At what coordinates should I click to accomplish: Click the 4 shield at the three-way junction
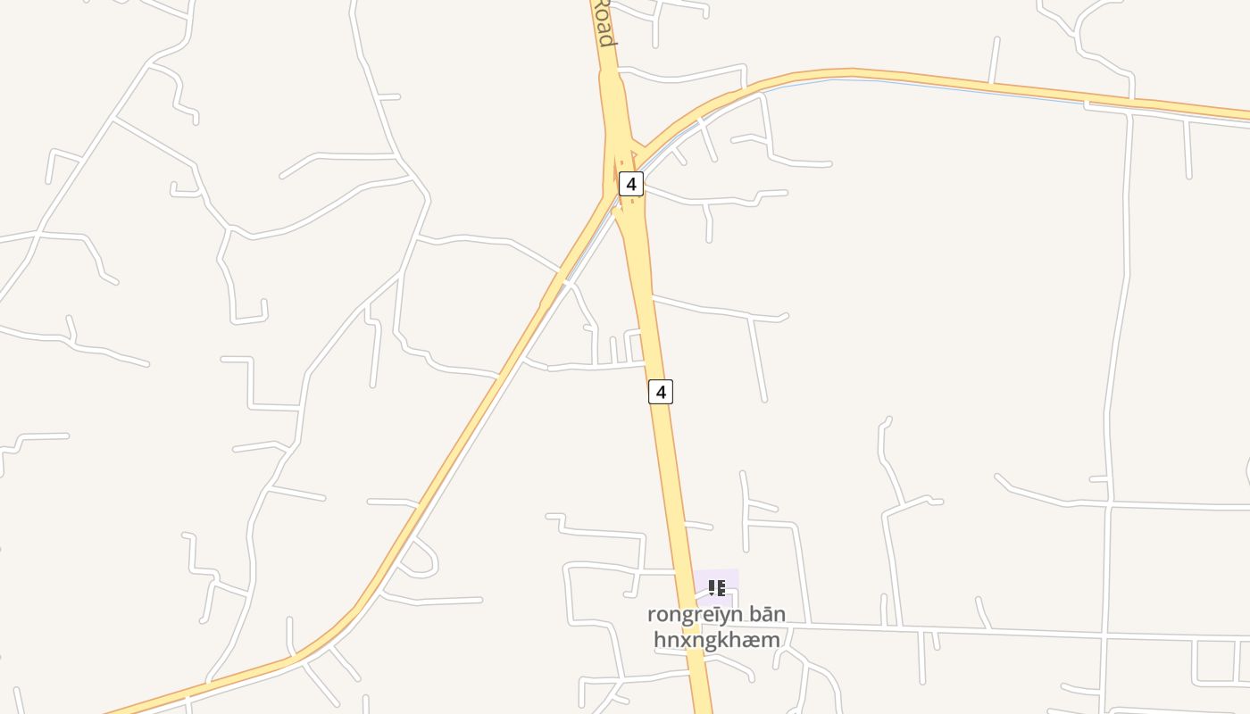[x=631, y=184]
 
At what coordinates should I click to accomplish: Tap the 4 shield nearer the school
[x=660, y=391]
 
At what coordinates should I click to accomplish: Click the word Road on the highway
[x=604, y=24]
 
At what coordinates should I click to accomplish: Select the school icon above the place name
[x=716, y=588]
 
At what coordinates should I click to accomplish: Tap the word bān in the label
[x=767, y=614]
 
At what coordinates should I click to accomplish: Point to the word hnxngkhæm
[x=716, y=639]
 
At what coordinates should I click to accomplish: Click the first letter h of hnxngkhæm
[x=659, y=639]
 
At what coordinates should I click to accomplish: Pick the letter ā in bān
[x=767, y=614]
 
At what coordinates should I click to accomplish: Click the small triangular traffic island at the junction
[x=633, y=159]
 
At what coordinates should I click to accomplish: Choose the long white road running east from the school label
[x=982, y=633]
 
